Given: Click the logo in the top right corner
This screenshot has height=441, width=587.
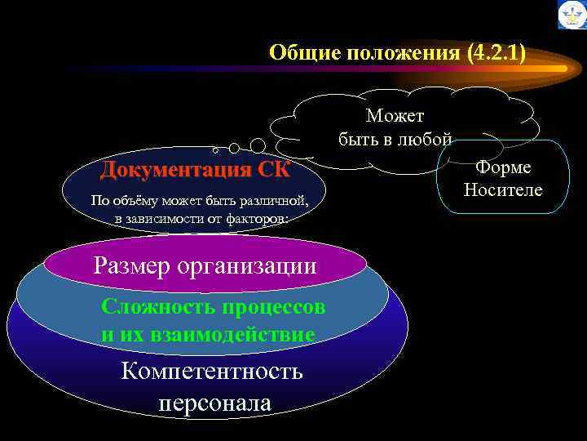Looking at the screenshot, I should [x=572, y=15].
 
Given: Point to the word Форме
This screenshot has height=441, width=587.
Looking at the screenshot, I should [x=503, y=167].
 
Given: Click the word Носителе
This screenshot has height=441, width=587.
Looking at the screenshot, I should [x=503, y=190].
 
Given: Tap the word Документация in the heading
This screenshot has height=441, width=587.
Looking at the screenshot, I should [x=175, y=170].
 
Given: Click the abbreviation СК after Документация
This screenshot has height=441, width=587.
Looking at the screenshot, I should [x=274, y=170].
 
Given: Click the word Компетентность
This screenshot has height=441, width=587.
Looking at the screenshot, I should [x=211, y=372].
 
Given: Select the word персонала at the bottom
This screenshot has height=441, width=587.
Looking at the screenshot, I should [x=215, y=403].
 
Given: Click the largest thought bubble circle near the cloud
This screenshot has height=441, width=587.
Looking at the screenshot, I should [x=257, y=145].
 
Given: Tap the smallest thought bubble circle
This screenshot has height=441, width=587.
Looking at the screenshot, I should [x=215, y=151].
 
